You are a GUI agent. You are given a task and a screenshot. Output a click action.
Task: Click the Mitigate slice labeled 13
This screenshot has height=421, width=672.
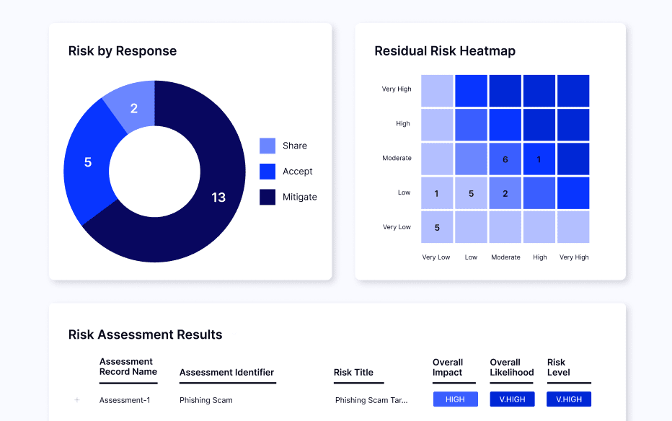pyautogui.click(x=218, y=198)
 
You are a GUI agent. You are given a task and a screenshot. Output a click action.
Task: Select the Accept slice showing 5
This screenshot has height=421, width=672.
pyautogui.click(x=88, y=162)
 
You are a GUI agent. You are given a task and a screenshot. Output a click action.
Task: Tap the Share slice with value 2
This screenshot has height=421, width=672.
pyautogui.click(x=134, y=109)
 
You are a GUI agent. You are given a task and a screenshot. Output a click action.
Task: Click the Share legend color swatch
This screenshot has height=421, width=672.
pyautogui.click(x=268, y=146)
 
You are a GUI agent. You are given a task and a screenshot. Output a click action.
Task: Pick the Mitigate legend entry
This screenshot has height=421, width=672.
pyautogui.click(x=299, y=197)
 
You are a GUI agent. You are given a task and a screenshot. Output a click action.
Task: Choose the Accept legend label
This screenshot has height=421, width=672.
pyautogui.click(x=297, y=172)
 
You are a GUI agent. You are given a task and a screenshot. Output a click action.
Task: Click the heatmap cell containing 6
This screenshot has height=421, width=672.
pyautogui.click(x=505, y=159)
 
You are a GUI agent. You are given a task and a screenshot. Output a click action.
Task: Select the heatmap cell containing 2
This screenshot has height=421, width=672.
pyautogui.click(x=505, y=193)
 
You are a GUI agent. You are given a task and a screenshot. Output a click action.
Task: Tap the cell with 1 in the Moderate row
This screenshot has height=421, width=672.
pyautogui.click(x=539, y=159)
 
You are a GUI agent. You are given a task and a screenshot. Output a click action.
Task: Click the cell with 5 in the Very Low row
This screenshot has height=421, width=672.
pyautogui.click(x=437, y=227)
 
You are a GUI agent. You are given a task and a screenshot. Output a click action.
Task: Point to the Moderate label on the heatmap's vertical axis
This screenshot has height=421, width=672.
pyautogui.click(x=397, y=158)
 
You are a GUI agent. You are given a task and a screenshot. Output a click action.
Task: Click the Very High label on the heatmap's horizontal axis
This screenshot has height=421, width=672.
pyautogui.click(x=574, y=257)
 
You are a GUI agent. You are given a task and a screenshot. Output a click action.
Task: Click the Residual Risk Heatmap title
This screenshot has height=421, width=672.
pyautogui.click(x=445, y=51)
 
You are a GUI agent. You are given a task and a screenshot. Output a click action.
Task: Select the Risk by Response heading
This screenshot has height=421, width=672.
pyautogui.click(x=123, y=51)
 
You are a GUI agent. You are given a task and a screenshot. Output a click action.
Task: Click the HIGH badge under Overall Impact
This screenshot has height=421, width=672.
pyautogui.click(x=455, y=399)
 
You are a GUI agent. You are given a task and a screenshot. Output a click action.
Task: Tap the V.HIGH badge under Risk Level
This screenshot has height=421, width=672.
pyautogui.click(x=569, y=399)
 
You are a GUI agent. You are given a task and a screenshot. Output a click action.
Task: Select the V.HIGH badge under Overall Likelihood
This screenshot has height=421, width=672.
pyautogui.click(x=512, y=399)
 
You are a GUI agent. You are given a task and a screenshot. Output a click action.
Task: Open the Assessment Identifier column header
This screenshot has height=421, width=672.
pyautogui.click(x=226, y=373)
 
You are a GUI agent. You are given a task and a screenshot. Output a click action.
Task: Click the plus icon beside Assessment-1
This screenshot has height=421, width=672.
pyautogui.click(x=77, y=400)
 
